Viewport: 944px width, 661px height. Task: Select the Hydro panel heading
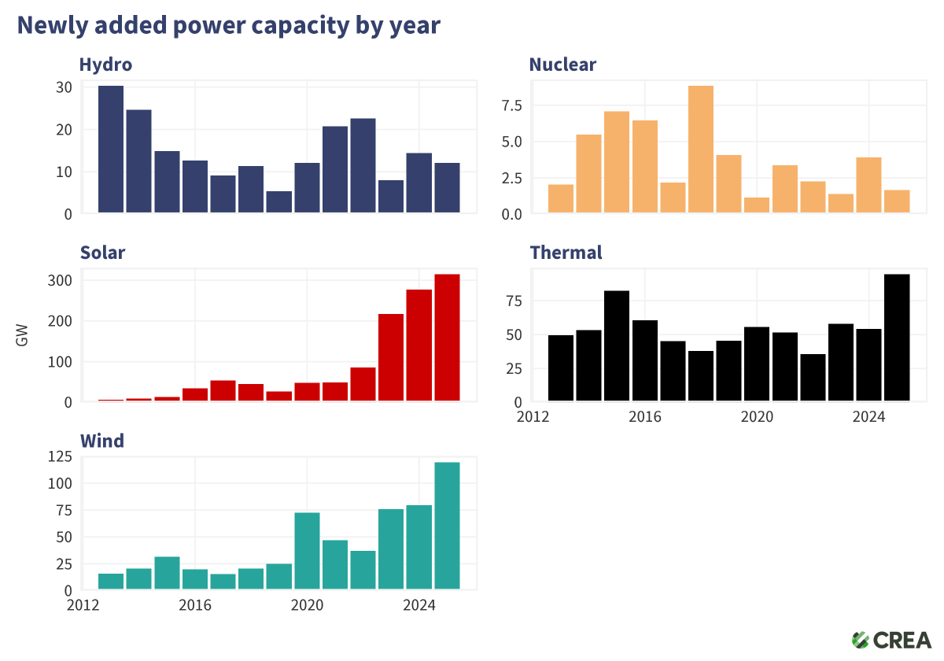pos(105,65)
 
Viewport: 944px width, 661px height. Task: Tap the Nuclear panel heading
pos(562,65)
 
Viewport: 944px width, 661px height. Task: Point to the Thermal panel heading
pos(566,253)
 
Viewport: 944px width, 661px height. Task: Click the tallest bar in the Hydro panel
pos(111,150)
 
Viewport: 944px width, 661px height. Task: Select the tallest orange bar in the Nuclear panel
pos(700,150)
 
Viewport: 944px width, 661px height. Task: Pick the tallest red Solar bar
pos(447,338)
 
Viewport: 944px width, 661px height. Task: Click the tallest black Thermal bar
pos(897,338)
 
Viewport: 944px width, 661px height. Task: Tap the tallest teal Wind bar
pos(447,526)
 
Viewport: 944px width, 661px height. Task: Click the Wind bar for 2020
pos(307,551)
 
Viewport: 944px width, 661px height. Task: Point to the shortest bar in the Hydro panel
pos(278,202)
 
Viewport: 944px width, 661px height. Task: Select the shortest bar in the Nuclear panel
pos(757,205)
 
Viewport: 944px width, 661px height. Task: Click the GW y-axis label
pos(22,339)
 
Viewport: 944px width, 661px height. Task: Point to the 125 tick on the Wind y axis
pos(60,456)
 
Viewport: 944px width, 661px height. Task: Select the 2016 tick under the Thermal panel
pos(644,416)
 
